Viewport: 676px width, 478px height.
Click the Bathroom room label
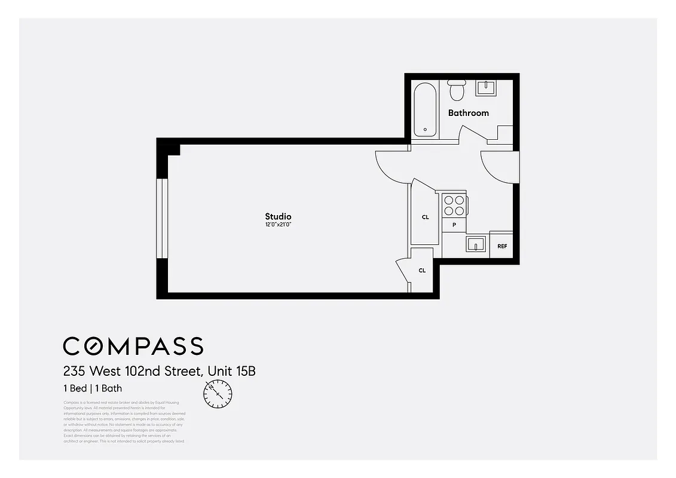click(x=468, y=113)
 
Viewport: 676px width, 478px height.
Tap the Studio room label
click(x=278, y=216)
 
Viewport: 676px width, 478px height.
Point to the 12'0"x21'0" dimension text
click(x=278, y=225)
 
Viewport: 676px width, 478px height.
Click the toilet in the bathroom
click(x=457, y=90)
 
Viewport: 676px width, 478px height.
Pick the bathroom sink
click(x=485, y=88)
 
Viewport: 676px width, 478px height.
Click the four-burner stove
click(x=454, y=205)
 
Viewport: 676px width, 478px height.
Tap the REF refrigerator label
click(x=502, y=246)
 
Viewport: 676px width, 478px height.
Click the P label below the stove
click(x=454, y=225)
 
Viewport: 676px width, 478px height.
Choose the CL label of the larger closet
click(x=425, y=217)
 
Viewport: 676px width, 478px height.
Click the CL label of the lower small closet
click(x=422, y=271)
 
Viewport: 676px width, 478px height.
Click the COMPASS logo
click(x=133, y=346)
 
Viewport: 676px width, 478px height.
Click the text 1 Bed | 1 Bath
click(x=93, y=388)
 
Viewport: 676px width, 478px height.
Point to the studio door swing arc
click(x=391, y=167)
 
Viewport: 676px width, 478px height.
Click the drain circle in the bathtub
click(x=425, y=129)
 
